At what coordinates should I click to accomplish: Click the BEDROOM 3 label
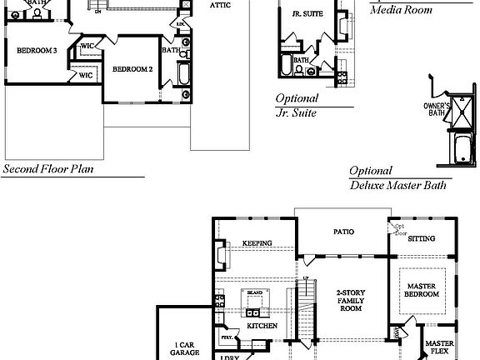tap(37, 51)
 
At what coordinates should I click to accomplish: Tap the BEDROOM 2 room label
tap(132, 68)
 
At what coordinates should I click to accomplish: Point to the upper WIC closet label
tap(87, 47)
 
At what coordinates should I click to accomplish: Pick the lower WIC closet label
tap(85, 75)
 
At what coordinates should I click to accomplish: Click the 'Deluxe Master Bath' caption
tap(397, 186)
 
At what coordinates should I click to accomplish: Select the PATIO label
tap(342, 232)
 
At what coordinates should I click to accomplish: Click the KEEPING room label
tap(257, 243)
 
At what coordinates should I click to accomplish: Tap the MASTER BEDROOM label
tap(422, 290)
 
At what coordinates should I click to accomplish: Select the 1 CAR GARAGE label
tap(185, 349)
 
